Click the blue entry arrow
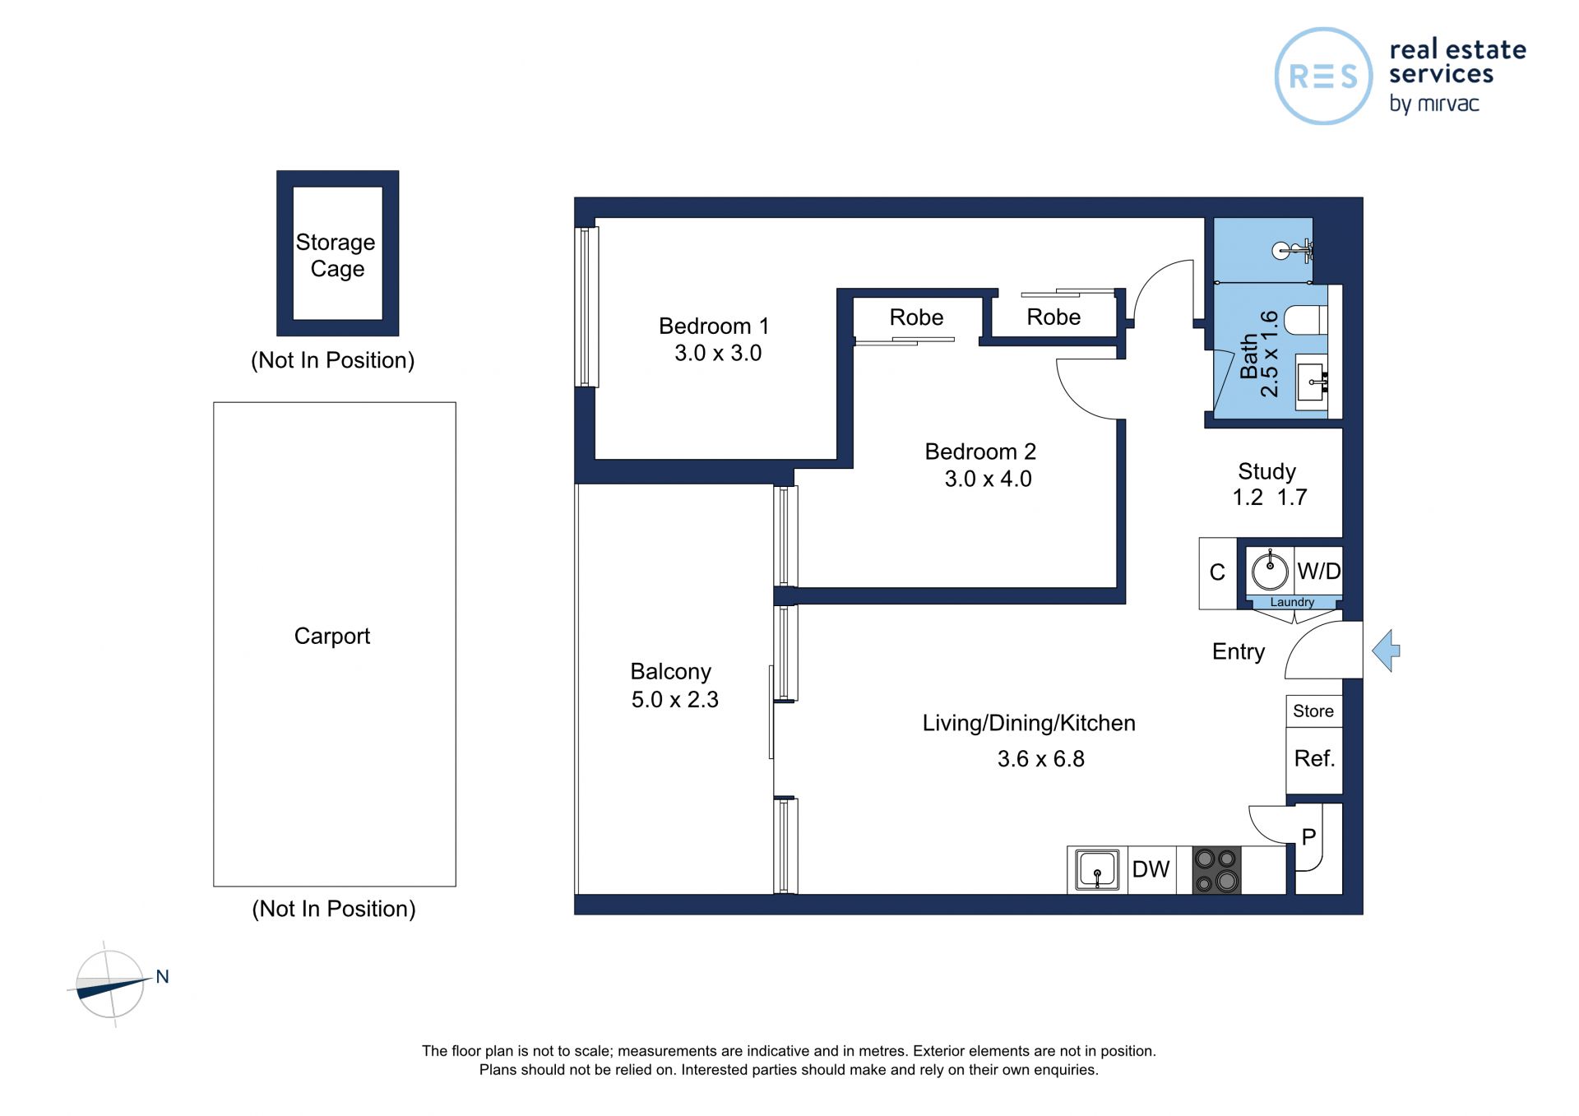tap(1387, 651)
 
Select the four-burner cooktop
tap(1216, 870)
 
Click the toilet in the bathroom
tap(1306, 320)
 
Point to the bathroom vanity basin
tap(1313, 382)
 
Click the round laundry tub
tap(1271, 570)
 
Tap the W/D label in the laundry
tap(1318, 571)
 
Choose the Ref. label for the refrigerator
tap(1314, 758)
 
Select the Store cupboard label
tap(1313, 711)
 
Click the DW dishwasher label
tap(1151, 869)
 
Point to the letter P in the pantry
tap(1308, 837)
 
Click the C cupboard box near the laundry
tap(1218, 573)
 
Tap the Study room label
tap(1266, 471)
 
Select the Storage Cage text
tap(336, 255)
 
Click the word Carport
tap(332, 636)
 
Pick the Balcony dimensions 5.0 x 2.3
tap(675, 699)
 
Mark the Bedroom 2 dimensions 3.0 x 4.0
tap(988, 479)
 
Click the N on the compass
tap(162, 976)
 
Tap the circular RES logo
tap(1323, 76)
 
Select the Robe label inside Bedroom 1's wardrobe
tap(916, 317)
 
